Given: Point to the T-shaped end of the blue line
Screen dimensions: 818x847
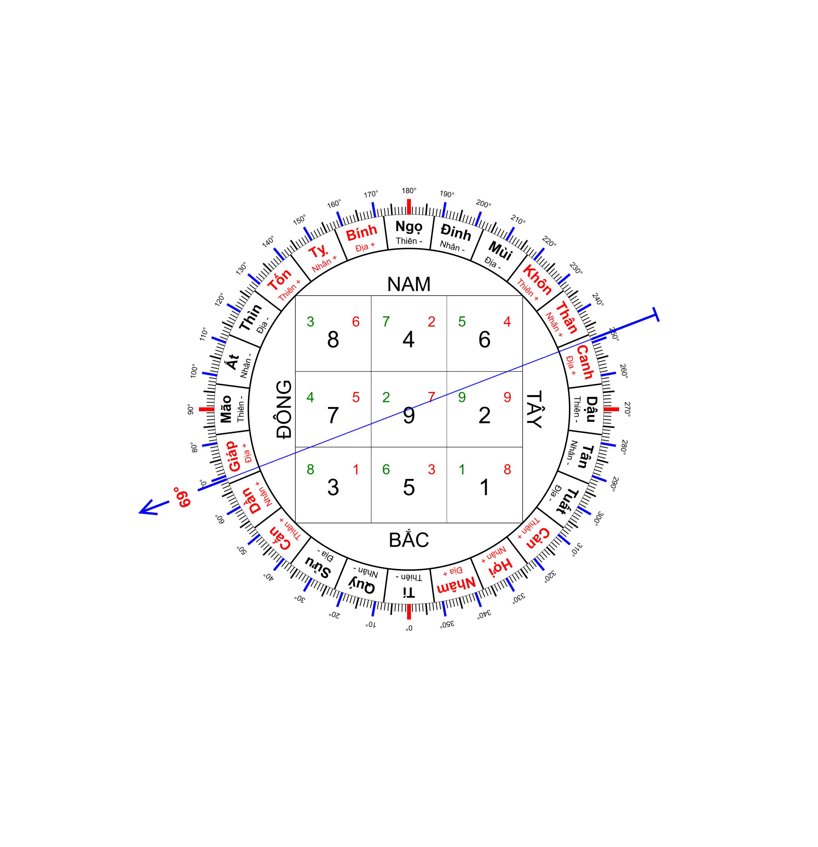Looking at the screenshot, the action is tap(656, 315).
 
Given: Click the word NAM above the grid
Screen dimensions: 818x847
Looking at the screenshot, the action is tap(409, 284).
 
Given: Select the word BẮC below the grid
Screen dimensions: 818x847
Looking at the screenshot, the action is tap(409, 540).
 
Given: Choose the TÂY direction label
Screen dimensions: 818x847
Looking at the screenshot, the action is tap(534, 409).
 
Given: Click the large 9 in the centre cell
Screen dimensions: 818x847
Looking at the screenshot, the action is tap(409, 415).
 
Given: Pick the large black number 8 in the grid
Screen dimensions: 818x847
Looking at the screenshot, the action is tap(333, 340).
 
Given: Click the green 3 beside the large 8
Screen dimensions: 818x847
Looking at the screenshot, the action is tap(310, 322).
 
